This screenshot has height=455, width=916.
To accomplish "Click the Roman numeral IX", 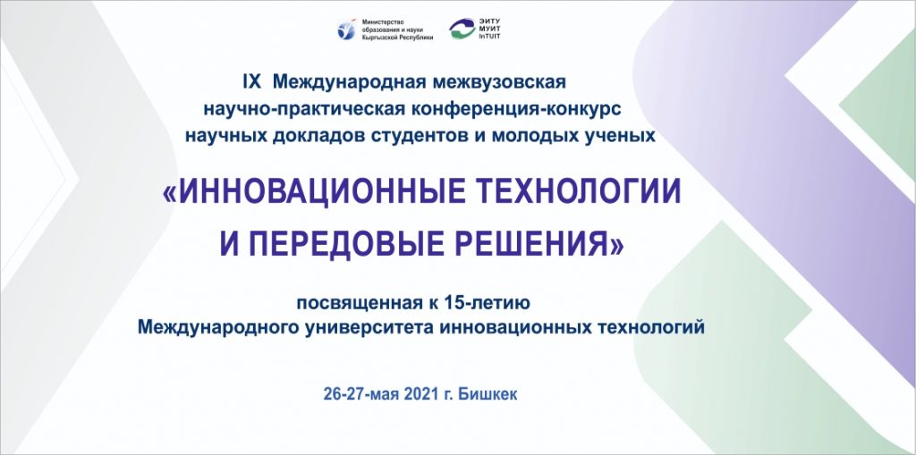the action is [x=251, y=82].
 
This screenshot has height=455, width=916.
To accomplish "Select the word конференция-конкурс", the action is [x=511, y=109].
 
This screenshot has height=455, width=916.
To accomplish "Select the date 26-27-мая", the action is [x=360, y=395].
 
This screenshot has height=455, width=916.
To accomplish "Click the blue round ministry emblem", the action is [x=346, y=29].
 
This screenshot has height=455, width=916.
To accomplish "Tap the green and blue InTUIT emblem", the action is [x=462, y=29].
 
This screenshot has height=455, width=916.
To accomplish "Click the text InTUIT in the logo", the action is [x=489, y=37].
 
